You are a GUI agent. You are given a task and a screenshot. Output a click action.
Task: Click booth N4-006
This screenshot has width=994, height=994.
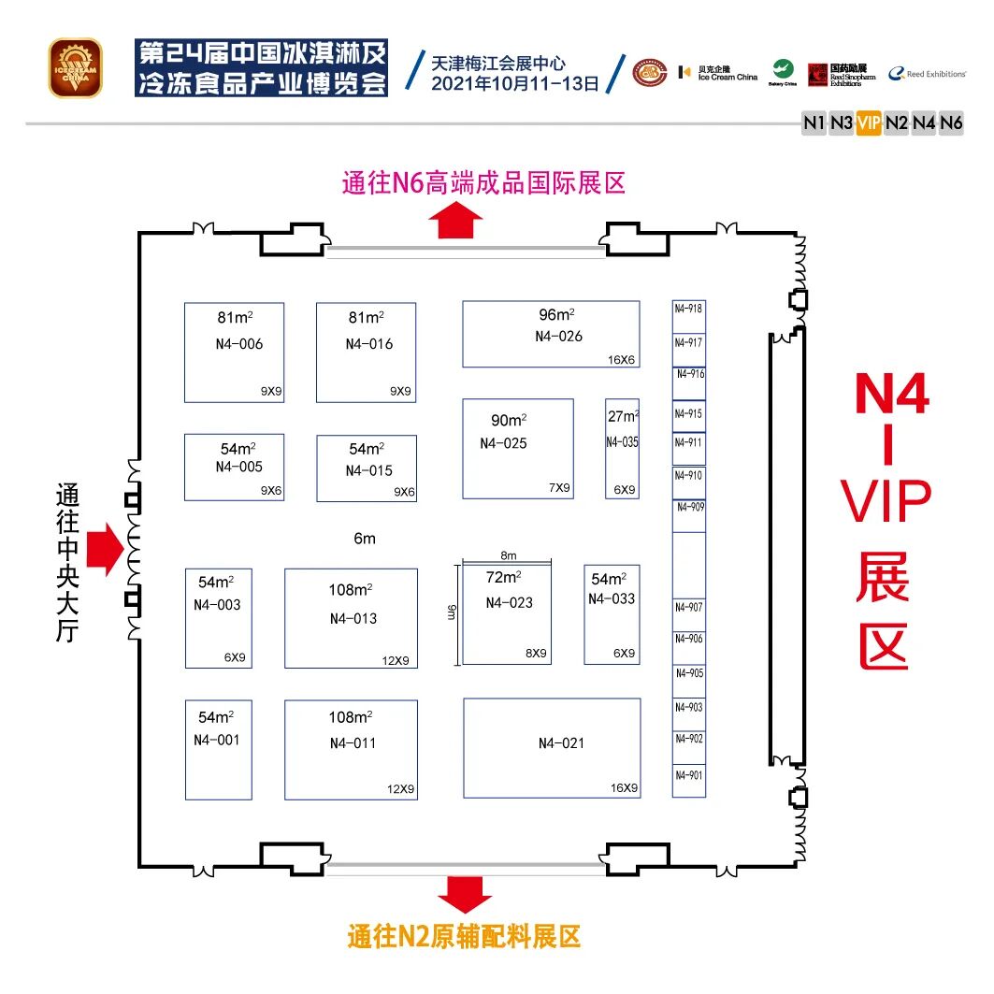click(x=234, y=353)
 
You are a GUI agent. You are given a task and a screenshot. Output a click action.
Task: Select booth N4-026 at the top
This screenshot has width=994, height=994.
click(x=551, y=334)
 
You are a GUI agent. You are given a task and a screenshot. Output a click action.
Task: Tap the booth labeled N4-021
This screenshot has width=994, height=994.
click(x=552, y=748)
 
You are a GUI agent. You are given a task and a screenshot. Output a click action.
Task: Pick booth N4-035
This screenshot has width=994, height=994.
click(x=622, y=448)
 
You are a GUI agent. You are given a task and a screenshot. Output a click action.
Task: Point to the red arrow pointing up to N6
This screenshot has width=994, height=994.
click(x=458, y=222)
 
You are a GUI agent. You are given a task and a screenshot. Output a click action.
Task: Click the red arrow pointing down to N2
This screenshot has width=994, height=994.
click(x=465, y=894)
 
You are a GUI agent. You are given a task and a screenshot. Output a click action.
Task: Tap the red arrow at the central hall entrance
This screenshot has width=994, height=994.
click(x=104, y=549)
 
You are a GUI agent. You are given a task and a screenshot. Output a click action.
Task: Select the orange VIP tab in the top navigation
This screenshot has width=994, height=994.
click(x=869, y=122)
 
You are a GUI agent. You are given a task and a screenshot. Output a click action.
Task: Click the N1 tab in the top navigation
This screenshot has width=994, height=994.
click(x=814, y=122)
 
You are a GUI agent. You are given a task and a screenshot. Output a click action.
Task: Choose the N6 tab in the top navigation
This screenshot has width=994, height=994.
click(x=951, y=122)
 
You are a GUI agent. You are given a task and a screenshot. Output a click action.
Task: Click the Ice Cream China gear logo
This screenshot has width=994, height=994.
click(x=76, y=67)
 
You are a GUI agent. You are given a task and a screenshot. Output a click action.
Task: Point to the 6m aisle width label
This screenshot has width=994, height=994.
click(x=364, y=539)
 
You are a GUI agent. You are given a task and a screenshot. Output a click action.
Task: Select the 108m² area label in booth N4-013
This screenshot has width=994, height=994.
click(x=351, y=590)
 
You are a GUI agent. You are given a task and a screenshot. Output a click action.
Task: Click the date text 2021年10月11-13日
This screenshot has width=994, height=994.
click(x=514, y=83)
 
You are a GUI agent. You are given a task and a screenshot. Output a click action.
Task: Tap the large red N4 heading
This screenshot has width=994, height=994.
click(x=892, y=396)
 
